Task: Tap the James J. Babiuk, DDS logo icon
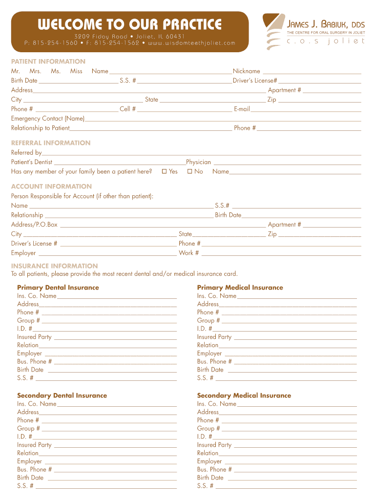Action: pyautogui.click(x=273, y=32)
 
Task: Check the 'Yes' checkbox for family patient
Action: pyautogui.click(x=165, y=171)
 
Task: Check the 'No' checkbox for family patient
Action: pyautogui.click(x=190, y=171)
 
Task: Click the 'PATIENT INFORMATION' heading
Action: pyautogui.click(x=48, y=62)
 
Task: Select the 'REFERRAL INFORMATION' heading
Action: pyautogui.click(x=51, y=143)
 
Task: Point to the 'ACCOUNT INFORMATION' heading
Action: pyautogui.click(x=51, y=187)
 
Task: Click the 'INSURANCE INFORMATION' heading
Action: pyautogui.click(x=54, y=266)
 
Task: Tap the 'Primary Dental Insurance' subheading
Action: pyautogui.click(x=58, y=288)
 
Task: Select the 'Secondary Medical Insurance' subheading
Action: pyautogui.click(x=244, y=396)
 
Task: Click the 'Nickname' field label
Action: pyautogui.click(x=246, y=71)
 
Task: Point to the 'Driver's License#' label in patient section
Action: pyautogui.click(x=255, y=81)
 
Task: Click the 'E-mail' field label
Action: pyautogui.click(x=242, y=109)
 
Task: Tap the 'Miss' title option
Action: pyautogui.click(x=76, y=71)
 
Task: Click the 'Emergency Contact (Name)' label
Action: pyautogui.click(x=48, y=119)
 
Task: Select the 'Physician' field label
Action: pyautogui.click(x=198, y=162)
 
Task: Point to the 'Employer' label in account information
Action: pyautogui.click(x=23, y=253)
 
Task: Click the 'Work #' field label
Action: pyautogui.click(x=189, y=253)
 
